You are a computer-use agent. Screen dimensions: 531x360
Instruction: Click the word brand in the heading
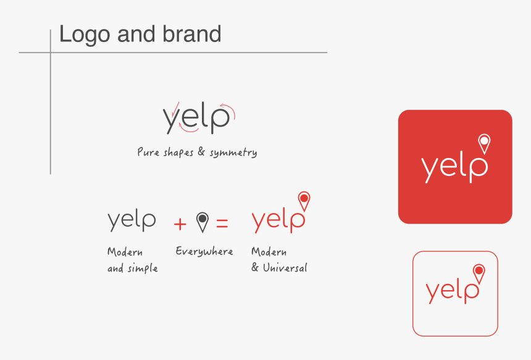pyautogui.click(x=191, y=34)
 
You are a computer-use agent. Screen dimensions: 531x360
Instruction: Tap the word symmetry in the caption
pyautogui.click(x=233, y=153)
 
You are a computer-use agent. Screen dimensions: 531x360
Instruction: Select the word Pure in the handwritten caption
pyautogui.click(x=148, y=152)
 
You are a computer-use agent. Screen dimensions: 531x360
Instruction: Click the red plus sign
pyautogui.click(x=180, y=224)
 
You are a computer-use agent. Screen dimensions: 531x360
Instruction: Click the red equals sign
pyautogui.click(x=222, y=223)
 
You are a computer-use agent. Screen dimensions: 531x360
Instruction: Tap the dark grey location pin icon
pyautogui.click(x=203, y=222)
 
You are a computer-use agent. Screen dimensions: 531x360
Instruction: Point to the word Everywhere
pyautogui.click(x=204, y=251)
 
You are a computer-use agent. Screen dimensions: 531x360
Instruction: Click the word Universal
pyautogui.click(x=285, y=267)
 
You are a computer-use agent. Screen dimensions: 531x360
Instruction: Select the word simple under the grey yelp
pyautogui.click(x=143, y=269)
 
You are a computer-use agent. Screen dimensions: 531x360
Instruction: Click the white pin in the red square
pyautogui.click(x=484, y=144)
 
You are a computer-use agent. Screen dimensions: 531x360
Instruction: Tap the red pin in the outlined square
pyautogui.click(x=479, y=274)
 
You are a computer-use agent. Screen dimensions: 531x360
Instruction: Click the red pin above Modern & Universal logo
pyautogui.click(x=304, y=201)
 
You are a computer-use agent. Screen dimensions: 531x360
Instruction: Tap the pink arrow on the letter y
pyautogui.click(x=175, y=109)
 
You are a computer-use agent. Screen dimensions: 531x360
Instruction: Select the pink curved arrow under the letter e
pyautogui.click(x=188, y=130)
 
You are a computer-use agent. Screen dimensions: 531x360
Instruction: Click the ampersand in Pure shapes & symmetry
pyautogui.click(x=201, y=152)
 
